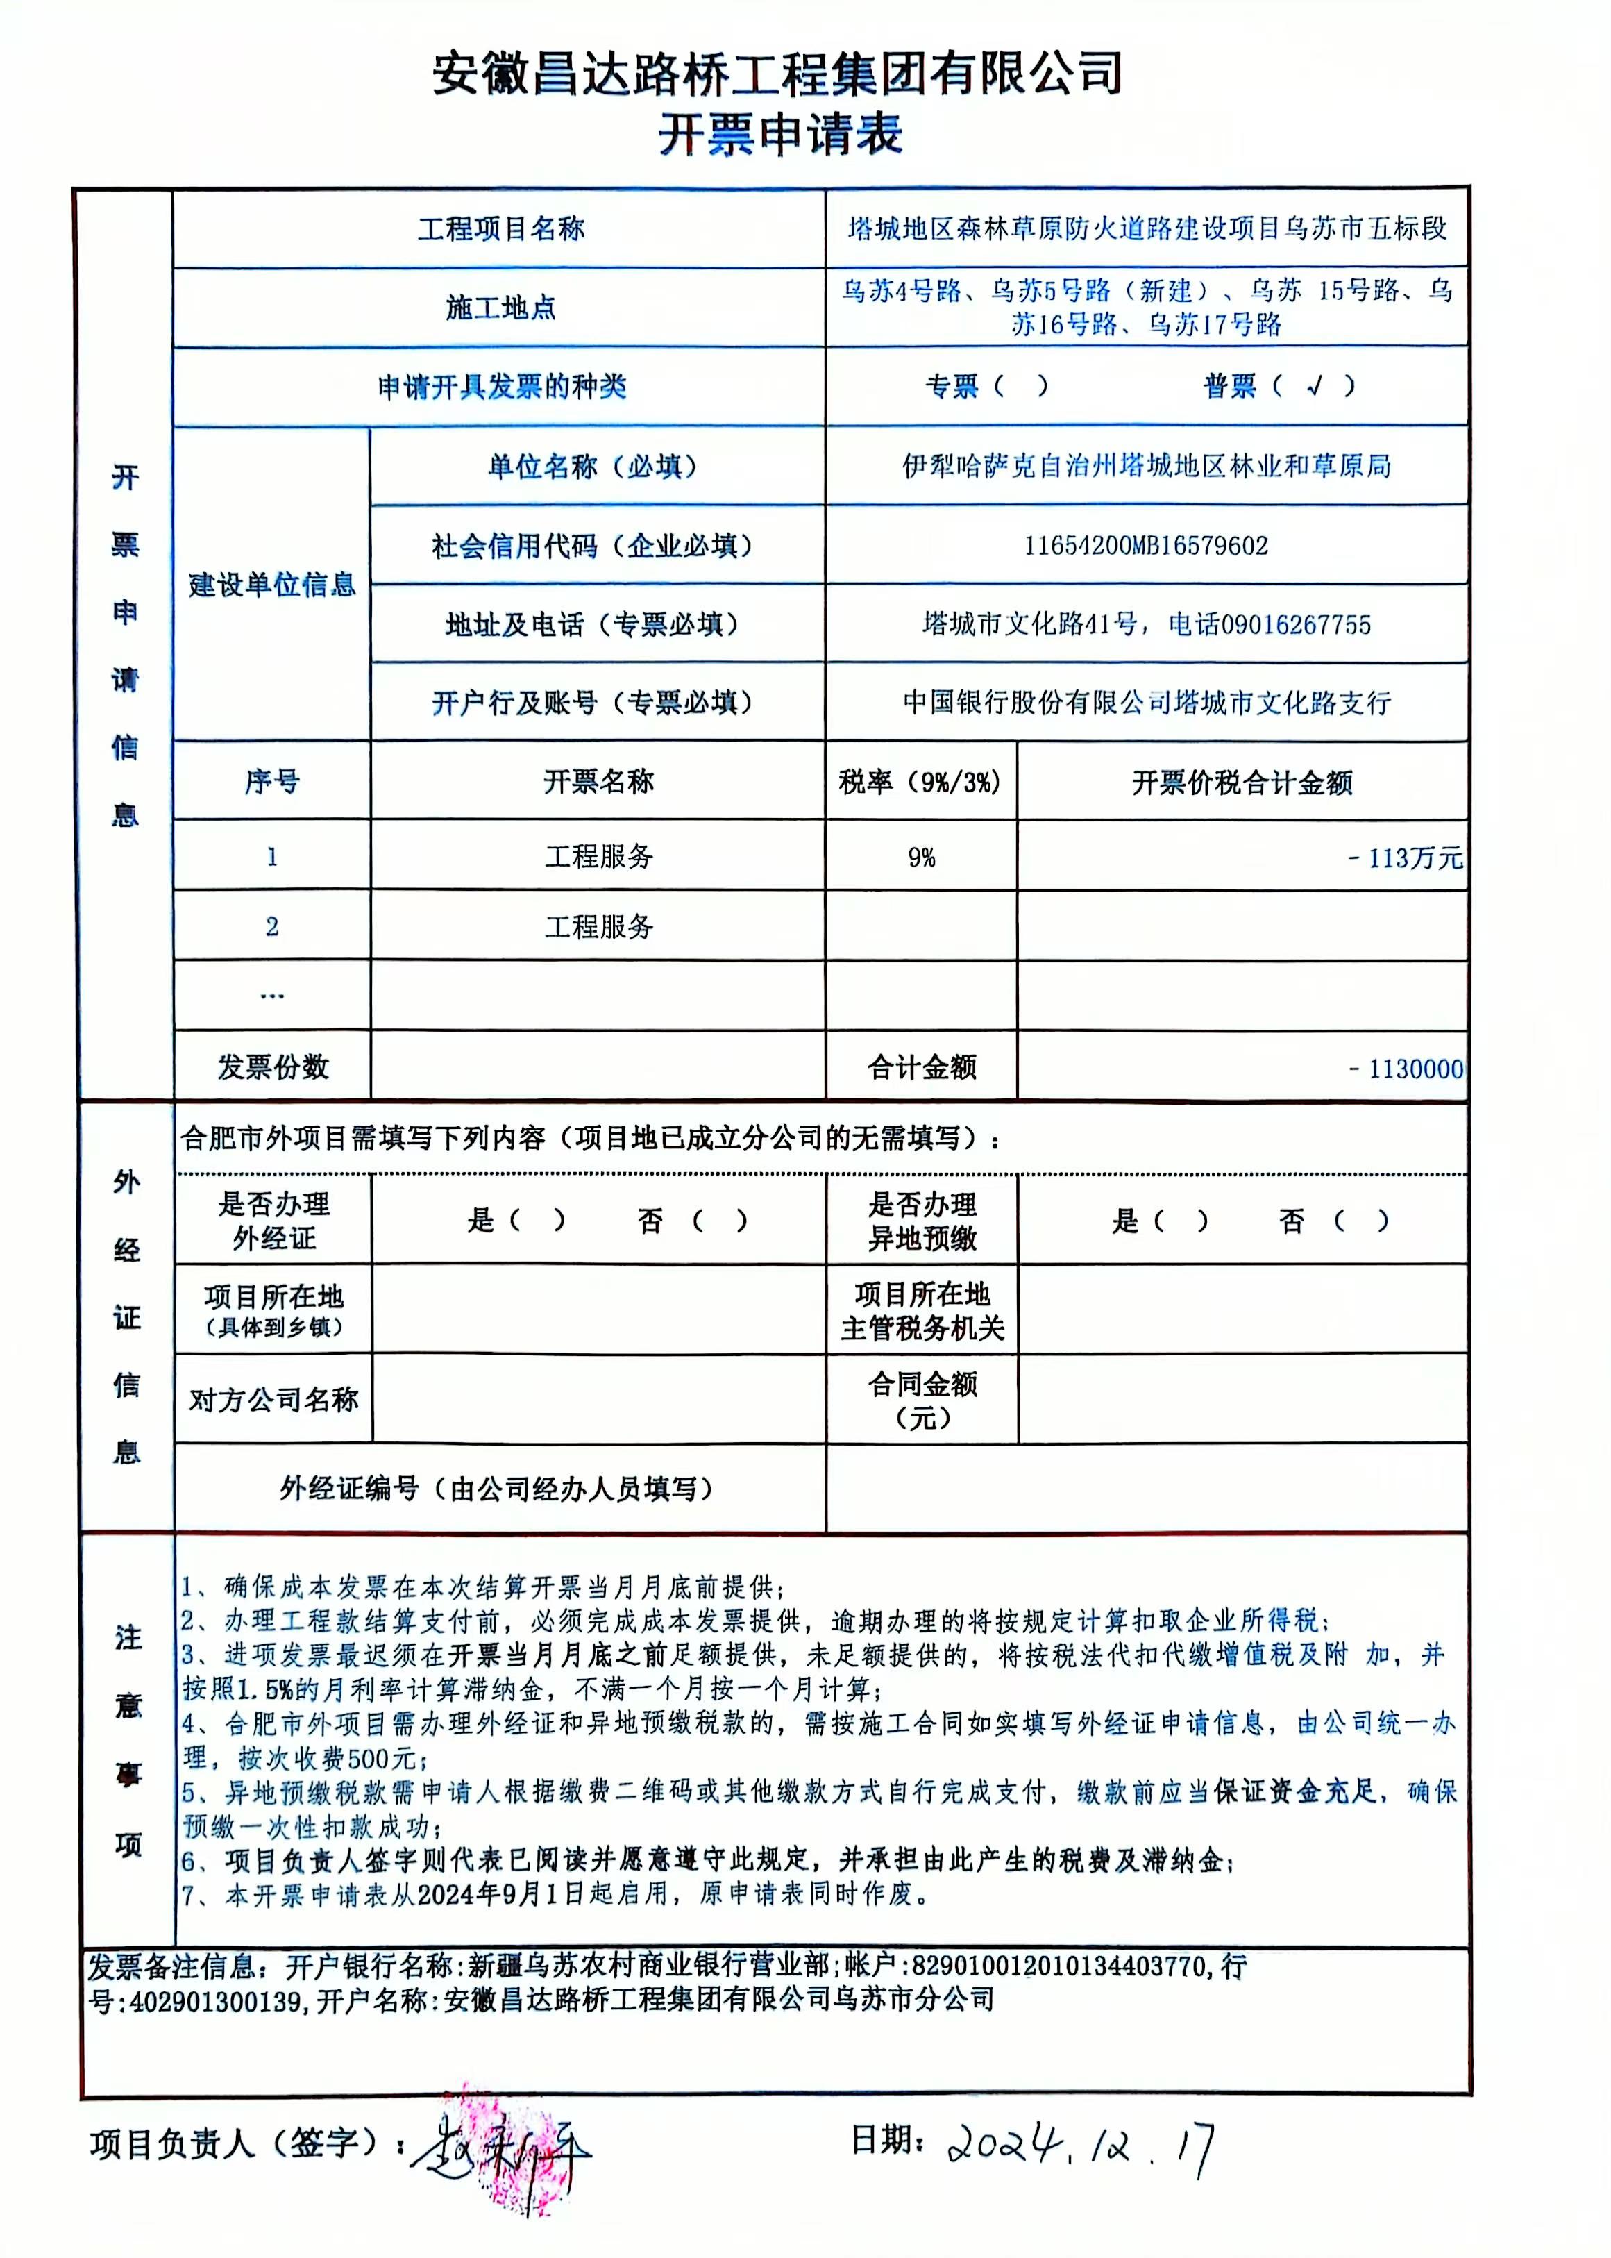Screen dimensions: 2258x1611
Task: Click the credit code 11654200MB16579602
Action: pos(1146,546)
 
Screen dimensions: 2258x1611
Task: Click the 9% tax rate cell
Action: pos(922,858)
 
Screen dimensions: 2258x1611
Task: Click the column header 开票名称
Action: pos(598,782)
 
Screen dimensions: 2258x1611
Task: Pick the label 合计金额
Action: pos(922,1067)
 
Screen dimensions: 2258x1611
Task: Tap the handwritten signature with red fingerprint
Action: pos(506,2151)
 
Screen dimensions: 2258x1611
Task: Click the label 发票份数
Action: pos(273,1067)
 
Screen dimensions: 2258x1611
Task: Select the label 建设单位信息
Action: pos(272,585)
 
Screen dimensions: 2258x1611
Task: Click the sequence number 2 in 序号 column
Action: pos(272,927)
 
